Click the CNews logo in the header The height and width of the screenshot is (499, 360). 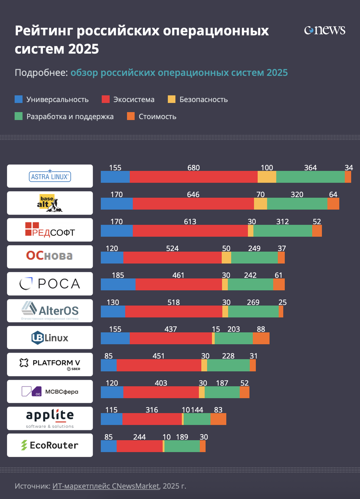coord(325,30)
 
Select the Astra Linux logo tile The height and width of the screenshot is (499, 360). coord(50,176)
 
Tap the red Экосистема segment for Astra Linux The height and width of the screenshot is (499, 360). coord(193,177)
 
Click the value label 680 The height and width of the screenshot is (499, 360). coord(193,168)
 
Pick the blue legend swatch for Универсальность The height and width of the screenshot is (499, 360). coord(19,99)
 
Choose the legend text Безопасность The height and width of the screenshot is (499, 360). coord(203,100)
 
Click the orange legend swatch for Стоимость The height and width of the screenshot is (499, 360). coord(131,116)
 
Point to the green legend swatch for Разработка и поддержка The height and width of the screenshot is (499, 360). coord(19,116)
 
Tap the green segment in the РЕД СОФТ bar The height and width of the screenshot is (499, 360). coord(283,230)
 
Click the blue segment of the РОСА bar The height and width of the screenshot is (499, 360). coord(118,284)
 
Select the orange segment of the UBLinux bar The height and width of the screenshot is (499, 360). coord(261,338)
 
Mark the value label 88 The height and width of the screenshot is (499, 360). coord(261,329)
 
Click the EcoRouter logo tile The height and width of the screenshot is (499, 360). coord(50,445)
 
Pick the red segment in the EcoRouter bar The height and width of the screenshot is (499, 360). coord(140,446)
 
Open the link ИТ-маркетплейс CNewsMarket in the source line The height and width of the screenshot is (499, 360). coord(106,486)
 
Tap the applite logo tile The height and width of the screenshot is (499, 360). coord(50,418)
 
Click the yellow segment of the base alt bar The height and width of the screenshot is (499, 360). coord(260,204)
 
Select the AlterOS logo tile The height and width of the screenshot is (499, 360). coord(50,311)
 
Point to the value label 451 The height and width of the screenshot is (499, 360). coord(158,356)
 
